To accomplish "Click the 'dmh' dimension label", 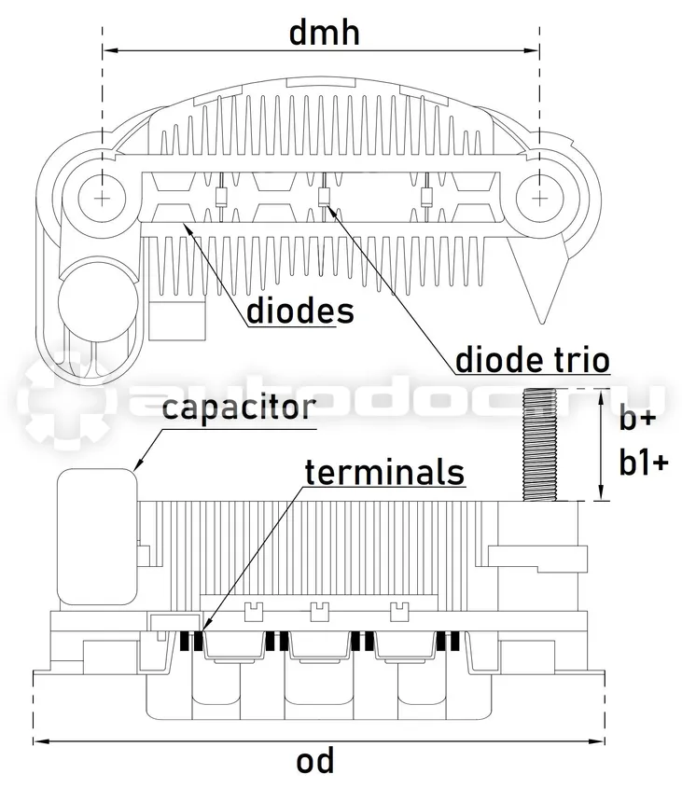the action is pos(325,33).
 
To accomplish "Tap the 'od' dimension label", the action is pos(315,761).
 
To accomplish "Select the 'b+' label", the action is pos(637,420).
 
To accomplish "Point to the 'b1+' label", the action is pos(644,463).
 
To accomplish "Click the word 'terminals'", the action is pos(384,472).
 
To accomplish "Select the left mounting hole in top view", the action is pos(103,198).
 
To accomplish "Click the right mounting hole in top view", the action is pos(539,198).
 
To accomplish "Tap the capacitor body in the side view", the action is pos(97,536).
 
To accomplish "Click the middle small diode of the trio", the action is pos(323,197).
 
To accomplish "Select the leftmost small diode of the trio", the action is pos(220,198).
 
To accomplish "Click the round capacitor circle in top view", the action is pos(98,301).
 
